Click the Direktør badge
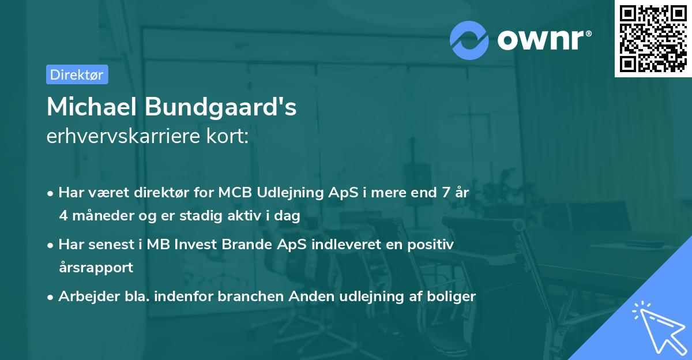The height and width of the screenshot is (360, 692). click(x=77, y=74)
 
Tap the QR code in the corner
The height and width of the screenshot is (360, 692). click(x=652, y=38)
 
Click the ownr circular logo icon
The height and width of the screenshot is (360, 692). click(x=469, y=39)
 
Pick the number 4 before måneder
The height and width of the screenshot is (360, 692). click(x=63, y=215)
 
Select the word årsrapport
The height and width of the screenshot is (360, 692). click(x=96, y=268)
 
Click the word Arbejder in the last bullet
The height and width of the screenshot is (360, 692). click(x=84, y=297)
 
